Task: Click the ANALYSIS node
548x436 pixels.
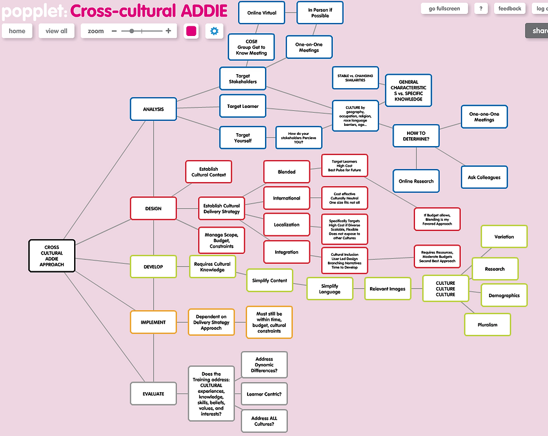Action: coord(153,109)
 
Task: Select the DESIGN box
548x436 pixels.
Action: coord(153,208)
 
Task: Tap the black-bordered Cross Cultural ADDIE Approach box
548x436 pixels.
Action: coord(52,256)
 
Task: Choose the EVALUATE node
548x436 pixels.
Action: coord(153,394)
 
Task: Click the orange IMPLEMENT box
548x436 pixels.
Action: coord(153,323)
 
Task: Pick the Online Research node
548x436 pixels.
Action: coord(416,181)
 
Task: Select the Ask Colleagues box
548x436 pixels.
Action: coord(484,178)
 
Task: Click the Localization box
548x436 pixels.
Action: coord(286,225)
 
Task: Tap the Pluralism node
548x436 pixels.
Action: coord(488,324)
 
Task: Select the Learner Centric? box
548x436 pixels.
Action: coord(264,394)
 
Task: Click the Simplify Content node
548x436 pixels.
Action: coord(270,280)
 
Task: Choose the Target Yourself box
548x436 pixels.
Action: coord(243,138)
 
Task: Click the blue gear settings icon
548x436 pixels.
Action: coord(214,31)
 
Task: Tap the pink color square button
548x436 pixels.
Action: coord(191,31)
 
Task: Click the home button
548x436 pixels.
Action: coord(17,31)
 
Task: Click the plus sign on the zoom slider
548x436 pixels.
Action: coord(168,31)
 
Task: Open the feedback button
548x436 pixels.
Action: coord(510,8)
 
